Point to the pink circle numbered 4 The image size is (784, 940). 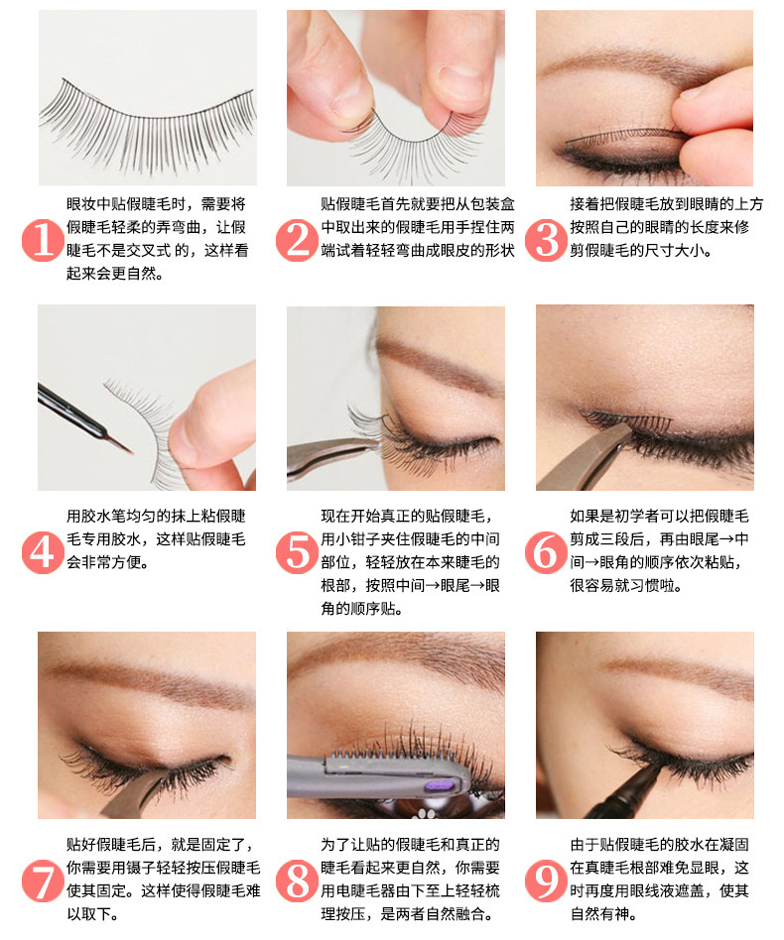point(41,551)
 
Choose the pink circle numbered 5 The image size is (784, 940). point(295,551)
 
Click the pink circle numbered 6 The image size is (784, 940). point(545,551)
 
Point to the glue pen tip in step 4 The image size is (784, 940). point(125,447)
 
